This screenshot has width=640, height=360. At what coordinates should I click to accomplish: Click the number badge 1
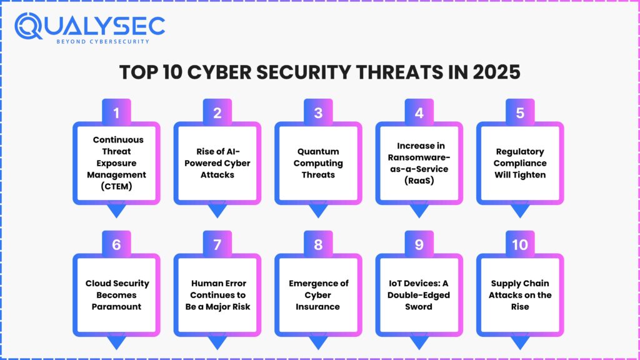tap(116, 113)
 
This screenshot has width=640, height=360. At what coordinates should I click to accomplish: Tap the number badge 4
tap(419, 113)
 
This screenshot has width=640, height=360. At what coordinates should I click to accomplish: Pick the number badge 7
tap(217, 244)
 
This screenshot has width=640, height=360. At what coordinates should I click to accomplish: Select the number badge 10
tap(520, 244)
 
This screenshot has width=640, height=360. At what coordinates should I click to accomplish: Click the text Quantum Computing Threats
tap(318, 163)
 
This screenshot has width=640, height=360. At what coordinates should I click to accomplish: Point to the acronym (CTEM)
tap(116, 186)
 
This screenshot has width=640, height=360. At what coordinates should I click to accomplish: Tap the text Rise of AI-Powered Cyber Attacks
tap(217, 163)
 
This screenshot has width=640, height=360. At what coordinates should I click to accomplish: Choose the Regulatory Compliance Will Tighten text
tap(520, 163)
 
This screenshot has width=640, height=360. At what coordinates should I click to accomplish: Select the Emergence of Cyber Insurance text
tap(318, 295)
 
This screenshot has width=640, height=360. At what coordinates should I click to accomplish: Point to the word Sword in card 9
tap(419, 307)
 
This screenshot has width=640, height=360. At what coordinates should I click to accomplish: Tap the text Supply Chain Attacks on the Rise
tap(520, 295)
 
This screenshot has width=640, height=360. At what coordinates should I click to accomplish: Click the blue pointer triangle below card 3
tap(318, 211)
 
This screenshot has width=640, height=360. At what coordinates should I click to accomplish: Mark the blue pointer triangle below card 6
tap(116, 342)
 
